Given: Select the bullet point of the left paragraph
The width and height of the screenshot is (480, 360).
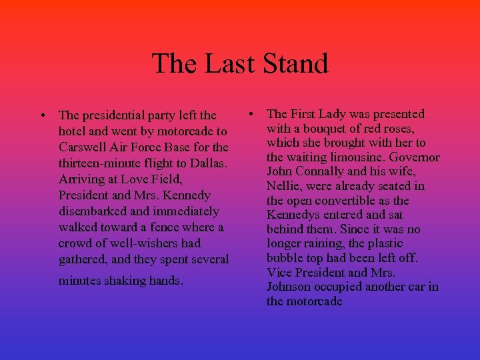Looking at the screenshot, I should tap(43, 115).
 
